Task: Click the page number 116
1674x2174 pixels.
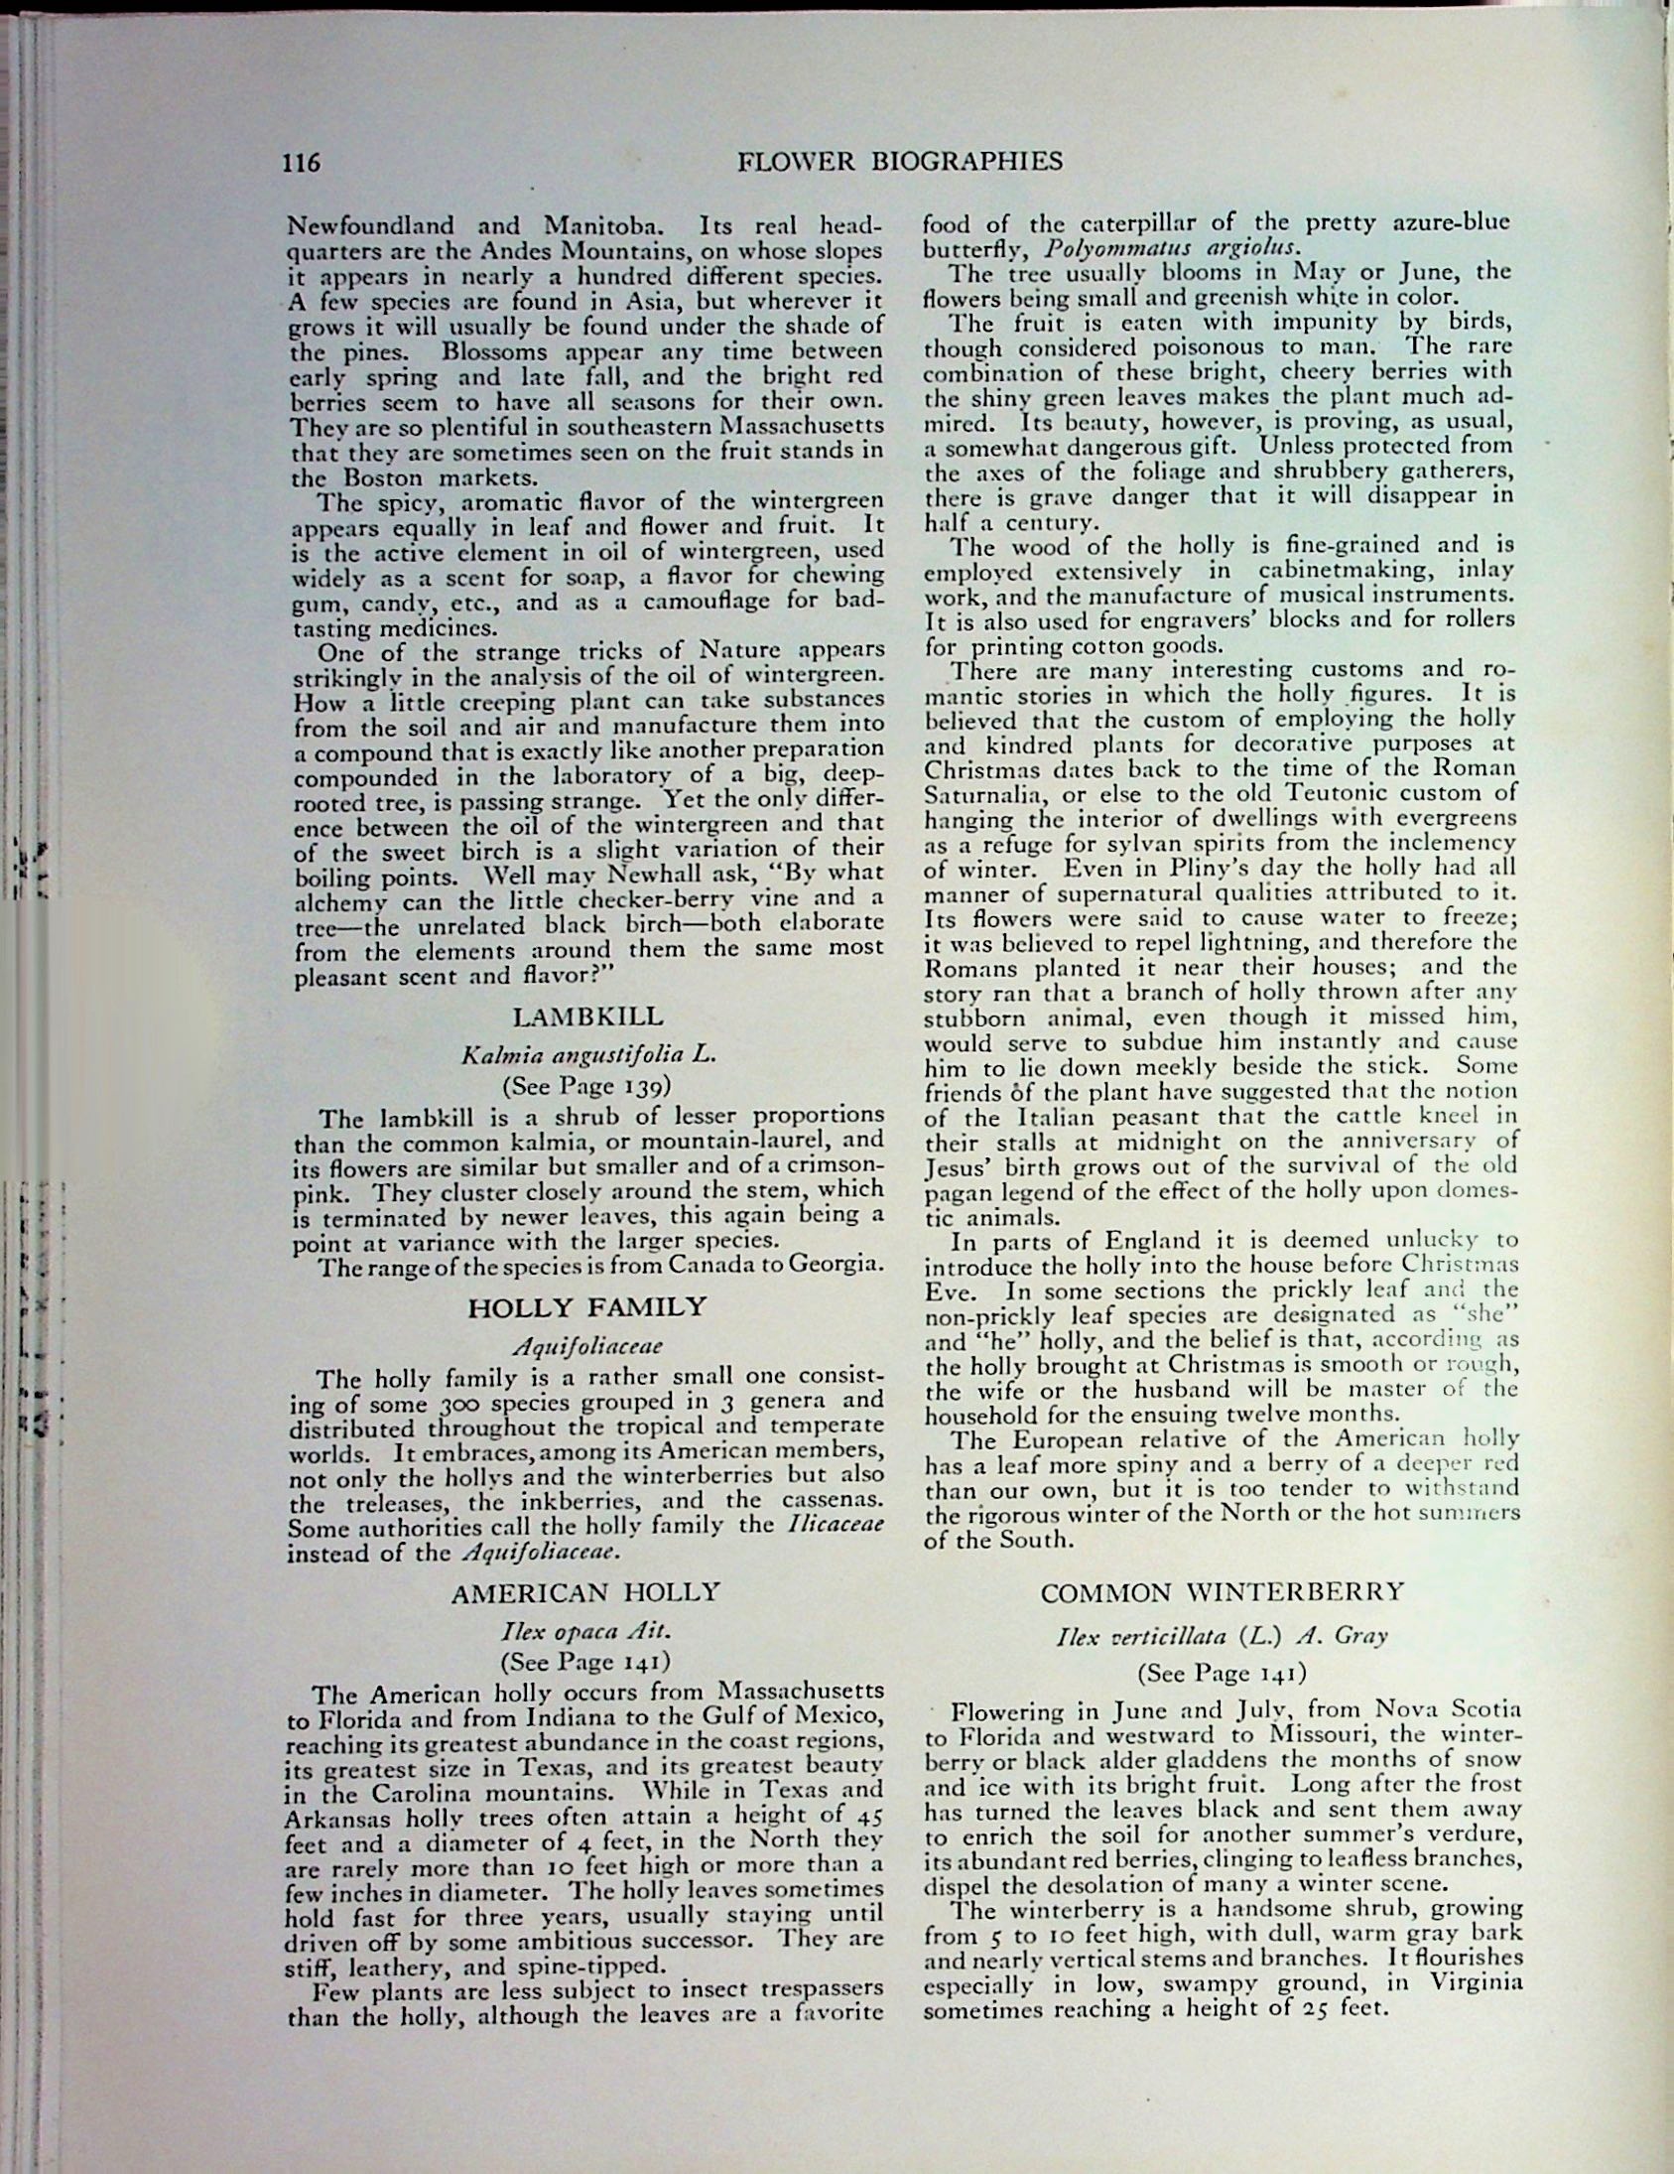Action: pyautogui.click(x=302, y=161)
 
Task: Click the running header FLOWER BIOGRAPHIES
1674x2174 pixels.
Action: pyautogui.click(x=900, y=161)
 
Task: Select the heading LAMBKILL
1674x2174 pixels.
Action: pyautogui.click(x=587, y=1017)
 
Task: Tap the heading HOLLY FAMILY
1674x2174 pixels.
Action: pyautogui.click(x=587, y=1306)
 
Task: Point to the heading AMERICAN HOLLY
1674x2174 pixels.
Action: pyautogui.click(x=585, y=1592)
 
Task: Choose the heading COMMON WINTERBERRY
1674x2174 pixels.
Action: pyautogui.click(x=1223, y=1591)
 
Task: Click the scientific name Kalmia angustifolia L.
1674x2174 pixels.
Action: pyautogui.click(x=588, y=1056)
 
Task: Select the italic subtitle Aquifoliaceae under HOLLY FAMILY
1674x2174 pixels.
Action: pyautogui.click(x=587, y=1347)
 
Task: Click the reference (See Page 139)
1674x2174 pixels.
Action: pyautogui.click(x=587, y=1084)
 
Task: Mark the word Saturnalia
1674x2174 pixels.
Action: pyautogui.click(x=983, y=794)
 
